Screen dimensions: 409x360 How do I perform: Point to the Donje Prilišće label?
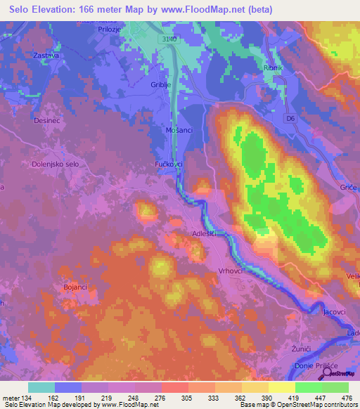314,368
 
